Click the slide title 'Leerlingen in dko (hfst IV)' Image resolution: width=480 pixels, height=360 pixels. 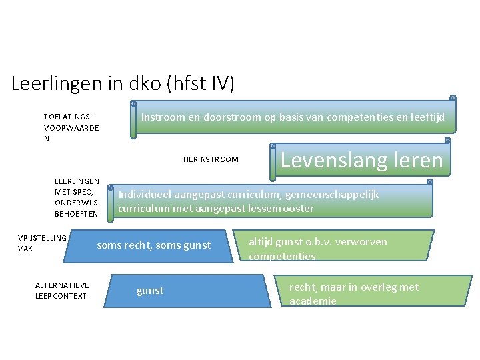tap(123, 83)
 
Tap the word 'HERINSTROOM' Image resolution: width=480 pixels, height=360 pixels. tap(211, 159)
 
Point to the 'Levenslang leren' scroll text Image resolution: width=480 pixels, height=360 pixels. tap(362, 160)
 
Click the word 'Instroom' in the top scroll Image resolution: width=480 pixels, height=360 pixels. tap(162, 118)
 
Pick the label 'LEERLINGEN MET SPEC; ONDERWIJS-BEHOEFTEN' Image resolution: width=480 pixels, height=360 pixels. tap(77, 197)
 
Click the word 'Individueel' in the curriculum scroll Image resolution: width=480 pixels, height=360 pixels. tap(145, 195)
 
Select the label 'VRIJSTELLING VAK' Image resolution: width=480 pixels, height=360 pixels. tap(42, 243)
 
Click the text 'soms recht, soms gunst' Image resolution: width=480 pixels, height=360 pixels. tap(153, 245)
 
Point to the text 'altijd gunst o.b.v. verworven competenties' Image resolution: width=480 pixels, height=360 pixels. tap(317, 248)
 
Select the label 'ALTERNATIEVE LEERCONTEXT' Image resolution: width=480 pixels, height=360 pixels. tap(62, 291)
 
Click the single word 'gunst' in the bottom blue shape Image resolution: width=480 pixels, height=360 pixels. tap(150, 291)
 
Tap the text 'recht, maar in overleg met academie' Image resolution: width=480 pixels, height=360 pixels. tap(353, 293)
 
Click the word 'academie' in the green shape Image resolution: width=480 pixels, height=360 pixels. tap(313, 301)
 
